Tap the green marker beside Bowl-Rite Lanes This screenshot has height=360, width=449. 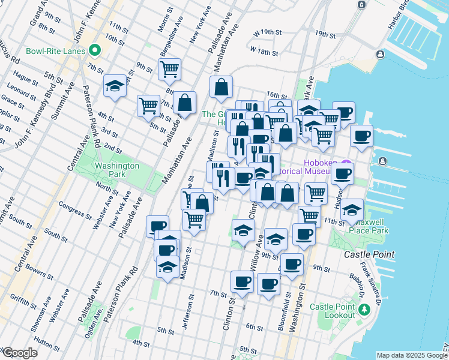94,50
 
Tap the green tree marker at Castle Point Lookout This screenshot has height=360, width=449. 364,310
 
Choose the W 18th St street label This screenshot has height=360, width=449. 265,52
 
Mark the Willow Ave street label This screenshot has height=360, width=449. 258,255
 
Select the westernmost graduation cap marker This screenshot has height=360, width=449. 115,86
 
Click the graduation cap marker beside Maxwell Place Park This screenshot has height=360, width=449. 353,210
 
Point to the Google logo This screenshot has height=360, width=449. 19,353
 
